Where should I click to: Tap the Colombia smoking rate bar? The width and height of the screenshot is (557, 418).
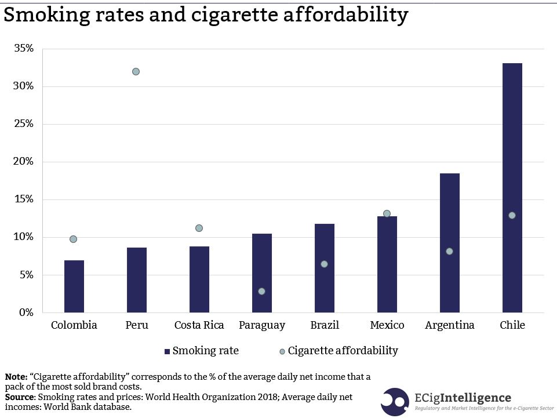point(74,286)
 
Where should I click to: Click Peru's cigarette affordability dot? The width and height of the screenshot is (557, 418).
point(136,72)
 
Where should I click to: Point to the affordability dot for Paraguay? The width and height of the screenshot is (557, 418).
point(261,291)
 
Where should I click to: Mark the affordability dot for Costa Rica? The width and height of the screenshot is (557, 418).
point(199,228)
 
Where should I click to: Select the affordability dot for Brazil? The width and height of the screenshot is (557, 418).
point(324,264)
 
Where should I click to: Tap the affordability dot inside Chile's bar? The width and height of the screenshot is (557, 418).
point(512,216)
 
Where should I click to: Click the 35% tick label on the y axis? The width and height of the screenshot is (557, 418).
point(24,49)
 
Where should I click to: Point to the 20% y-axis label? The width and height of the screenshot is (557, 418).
point(24,162)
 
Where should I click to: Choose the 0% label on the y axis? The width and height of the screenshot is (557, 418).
point(27,312)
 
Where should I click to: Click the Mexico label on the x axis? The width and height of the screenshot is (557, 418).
point(387,325)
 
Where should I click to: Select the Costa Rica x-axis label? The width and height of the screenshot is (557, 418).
point(199,325)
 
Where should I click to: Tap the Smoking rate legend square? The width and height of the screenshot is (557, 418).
point(167,351)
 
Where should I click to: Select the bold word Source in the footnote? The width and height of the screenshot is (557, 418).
point(19,397)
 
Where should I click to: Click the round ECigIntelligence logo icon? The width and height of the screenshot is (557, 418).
point(395,402)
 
